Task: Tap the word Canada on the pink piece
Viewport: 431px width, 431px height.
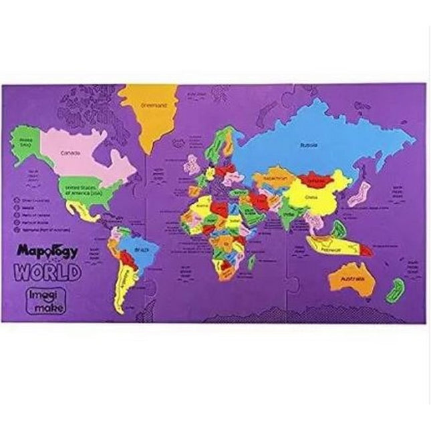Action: (x=70, y=153)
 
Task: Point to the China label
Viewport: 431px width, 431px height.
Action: (x=310, y=197)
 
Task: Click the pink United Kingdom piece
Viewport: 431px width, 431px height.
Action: (x=194, y=164)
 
